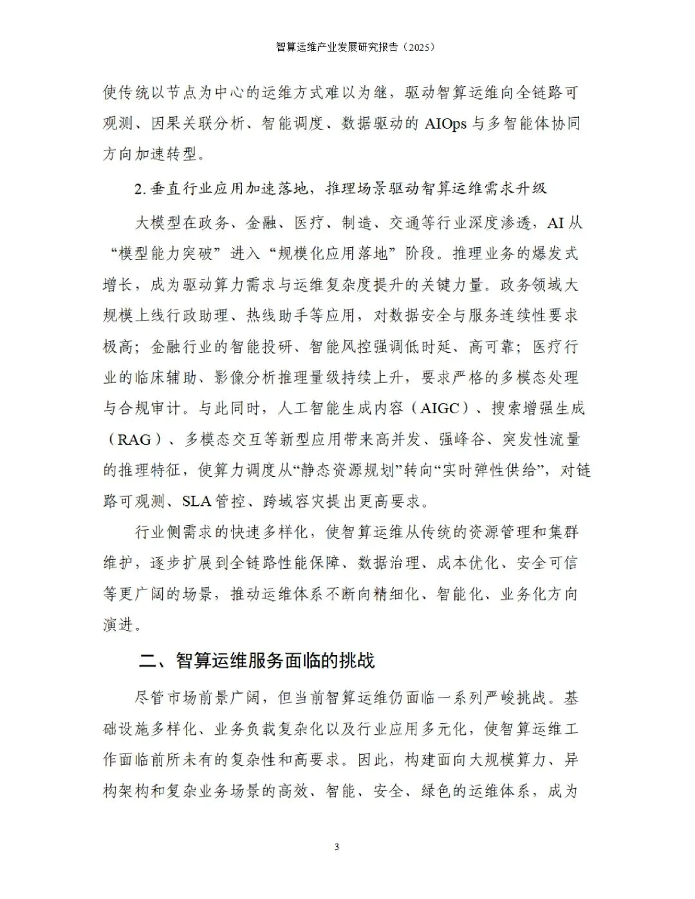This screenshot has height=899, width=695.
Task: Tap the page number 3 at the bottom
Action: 337,847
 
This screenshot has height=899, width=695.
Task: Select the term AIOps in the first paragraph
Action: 445,124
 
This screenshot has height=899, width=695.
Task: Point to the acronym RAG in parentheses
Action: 134,440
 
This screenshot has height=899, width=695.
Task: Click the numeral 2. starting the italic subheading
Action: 140,189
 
